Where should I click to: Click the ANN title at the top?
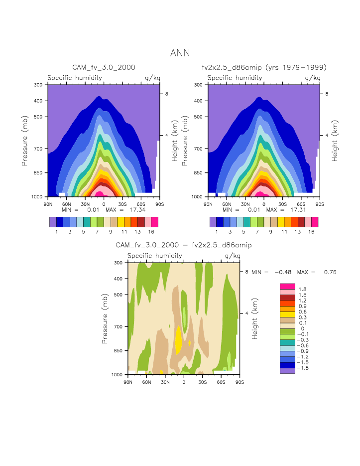point(180,53)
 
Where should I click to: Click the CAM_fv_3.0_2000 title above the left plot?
point(104,67)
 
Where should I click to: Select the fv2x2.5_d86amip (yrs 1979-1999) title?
point(264,67)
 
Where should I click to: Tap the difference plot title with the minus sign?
point(183,245)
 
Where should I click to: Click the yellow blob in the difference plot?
point(179,339)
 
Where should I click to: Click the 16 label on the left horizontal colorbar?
point(155,232)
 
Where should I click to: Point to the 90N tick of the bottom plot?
point(128,382)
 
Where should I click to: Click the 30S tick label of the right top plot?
point(282,204)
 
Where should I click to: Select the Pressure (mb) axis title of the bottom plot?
point(105,318)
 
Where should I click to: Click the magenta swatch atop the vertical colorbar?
point(287,286)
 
